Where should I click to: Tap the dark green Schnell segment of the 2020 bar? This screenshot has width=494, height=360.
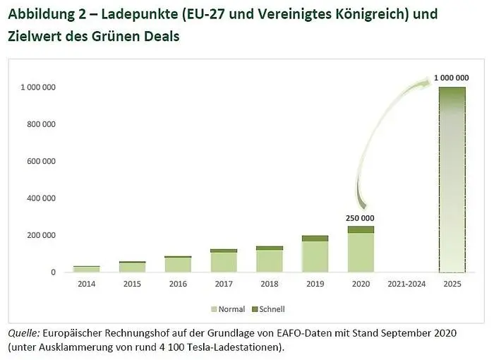[361, 229]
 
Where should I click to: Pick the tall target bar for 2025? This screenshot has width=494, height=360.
[452, 180]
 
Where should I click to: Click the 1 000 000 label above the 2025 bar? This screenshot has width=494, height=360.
[452, 76]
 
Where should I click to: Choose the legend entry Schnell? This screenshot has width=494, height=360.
[267, 309]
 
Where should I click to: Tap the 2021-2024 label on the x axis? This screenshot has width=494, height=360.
[406, 284]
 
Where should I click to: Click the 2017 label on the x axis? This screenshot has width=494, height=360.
[224, 284]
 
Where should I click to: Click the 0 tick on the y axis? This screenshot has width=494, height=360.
[53, 272]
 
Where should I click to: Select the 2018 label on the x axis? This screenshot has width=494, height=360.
[270, 284]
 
